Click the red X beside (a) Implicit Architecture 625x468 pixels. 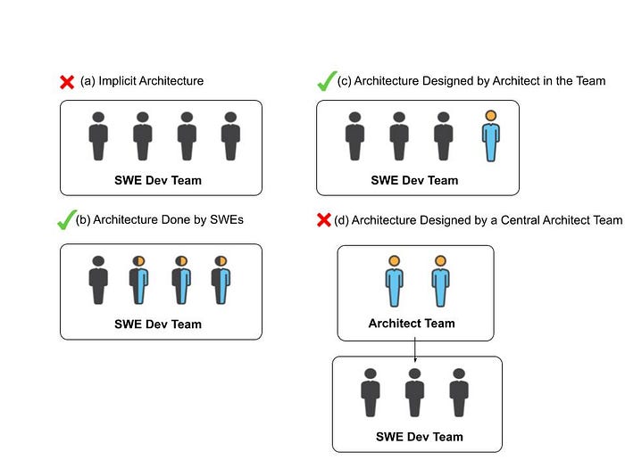click(x=66, y=82)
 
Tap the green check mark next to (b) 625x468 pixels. click(x=64, y=219)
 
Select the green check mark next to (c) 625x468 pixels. click(x=325, y=81)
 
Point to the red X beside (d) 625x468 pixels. click(x=324, y=219)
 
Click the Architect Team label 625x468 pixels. click(x=412, y=324)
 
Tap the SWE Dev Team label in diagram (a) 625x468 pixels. click(x=158, y=180)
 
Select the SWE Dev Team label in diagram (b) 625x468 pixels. click(x=158, y=324)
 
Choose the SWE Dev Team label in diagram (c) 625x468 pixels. click(x=414, y=180)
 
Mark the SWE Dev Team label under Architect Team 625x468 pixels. click(x=419, y=437)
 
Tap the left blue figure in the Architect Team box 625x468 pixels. click(x=394, y=282)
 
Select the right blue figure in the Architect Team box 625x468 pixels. click(x=440, y=282)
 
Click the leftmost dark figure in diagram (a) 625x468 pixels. click(x=98, y=136)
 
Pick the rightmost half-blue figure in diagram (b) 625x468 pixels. click(x=221, y=281)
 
